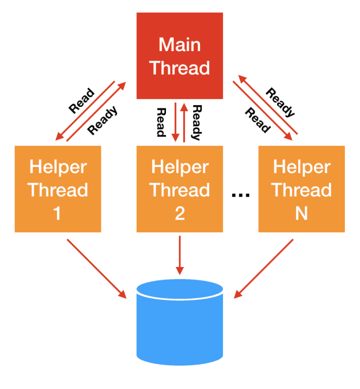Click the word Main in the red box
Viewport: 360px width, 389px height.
pos(180,45)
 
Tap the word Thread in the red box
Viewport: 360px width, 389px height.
pos(180,68)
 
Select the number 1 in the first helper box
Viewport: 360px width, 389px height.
pos(58,214)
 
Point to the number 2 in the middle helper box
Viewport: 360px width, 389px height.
pos(180,214)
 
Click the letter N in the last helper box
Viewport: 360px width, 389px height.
pos(301,214)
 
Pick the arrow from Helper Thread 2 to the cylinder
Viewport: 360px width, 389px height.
pos(180,256)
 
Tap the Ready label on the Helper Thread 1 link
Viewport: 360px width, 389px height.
pos(103,121)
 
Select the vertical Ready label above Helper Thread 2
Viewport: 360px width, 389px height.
pos(196,122)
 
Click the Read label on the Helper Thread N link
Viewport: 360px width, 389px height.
pos(257,121)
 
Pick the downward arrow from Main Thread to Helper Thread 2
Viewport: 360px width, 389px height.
pos(175,122)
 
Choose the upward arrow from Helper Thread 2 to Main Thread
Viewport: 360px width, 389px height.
pos(184,122)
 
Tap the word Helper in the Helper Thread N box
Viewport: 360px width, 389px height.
pos(301,167)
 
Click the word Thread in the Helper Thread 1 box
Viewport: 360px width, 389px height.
pos(58,190)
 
